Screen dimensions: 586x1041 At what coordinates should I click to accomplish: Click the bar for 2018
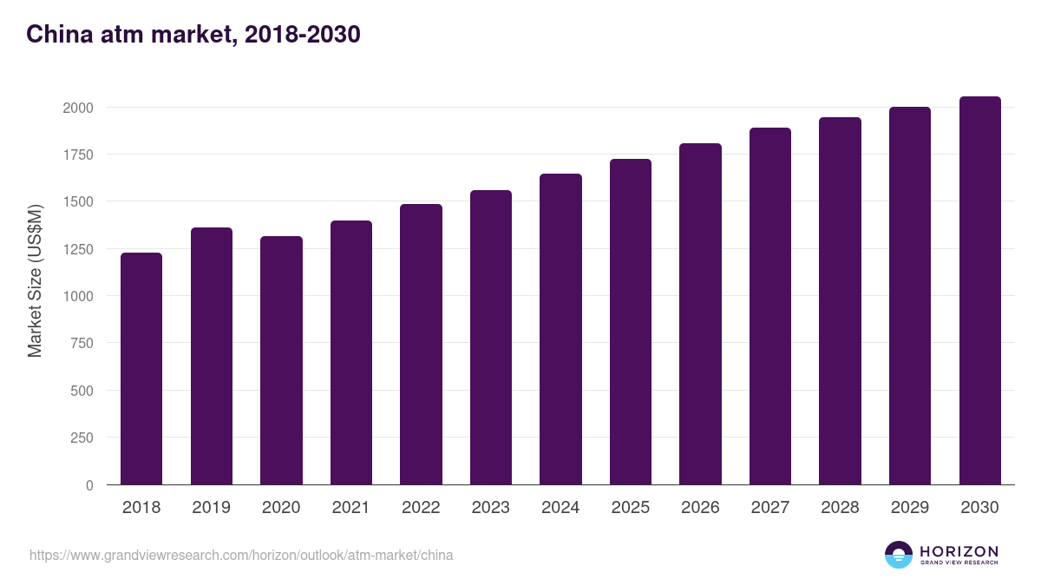point(141,369)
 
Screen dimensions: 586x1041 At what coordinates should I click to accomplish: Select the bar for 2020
point(281,360)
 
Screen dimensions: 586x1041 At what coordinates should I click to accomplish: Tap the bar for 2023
point(490,338)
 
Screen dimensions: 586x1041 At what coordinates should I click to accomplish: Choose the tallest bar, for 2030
point(979,291)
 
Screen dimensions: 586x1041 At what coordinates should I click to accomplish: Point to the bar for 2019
point(212,356)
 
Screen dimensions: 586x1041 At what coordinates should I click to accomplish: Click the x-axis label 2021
point(351,508)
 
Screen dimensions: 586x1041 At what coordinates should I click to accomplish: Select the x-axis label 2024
point(560,508)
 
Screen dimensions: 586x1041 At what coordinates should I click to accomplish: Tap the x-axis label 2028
point(840,508)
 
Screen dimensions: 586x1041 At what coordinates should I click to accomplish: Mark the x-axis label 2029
point(910,508)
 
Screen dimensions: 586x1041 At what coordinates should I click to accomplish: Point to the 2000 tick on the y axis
point(78,108)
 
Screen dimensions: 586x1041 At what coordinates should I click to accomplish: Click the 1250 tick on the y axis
point(78,249)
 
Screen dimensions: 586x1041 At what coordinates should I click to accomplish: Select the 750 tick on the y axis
point(82,343)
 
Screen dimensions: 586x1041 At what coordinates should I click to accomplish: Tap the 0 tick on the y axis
point(90,484)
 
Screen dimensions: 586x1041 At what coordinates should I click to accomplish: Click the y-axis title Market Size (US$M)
point(35,280)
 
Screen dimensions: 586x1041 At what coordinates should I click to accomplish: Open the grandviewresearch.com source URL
point(241,555)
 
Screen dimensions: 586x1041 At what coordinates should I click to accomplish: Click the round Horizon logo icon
point(898,555)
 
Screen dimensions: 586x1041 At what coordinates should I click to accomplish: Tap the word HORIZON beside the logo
point(959,551)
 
